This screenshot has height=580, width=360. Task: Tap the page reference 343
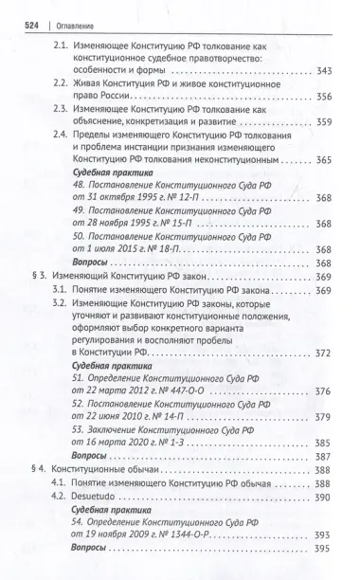pyautogui.click(x=326, y=73)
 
